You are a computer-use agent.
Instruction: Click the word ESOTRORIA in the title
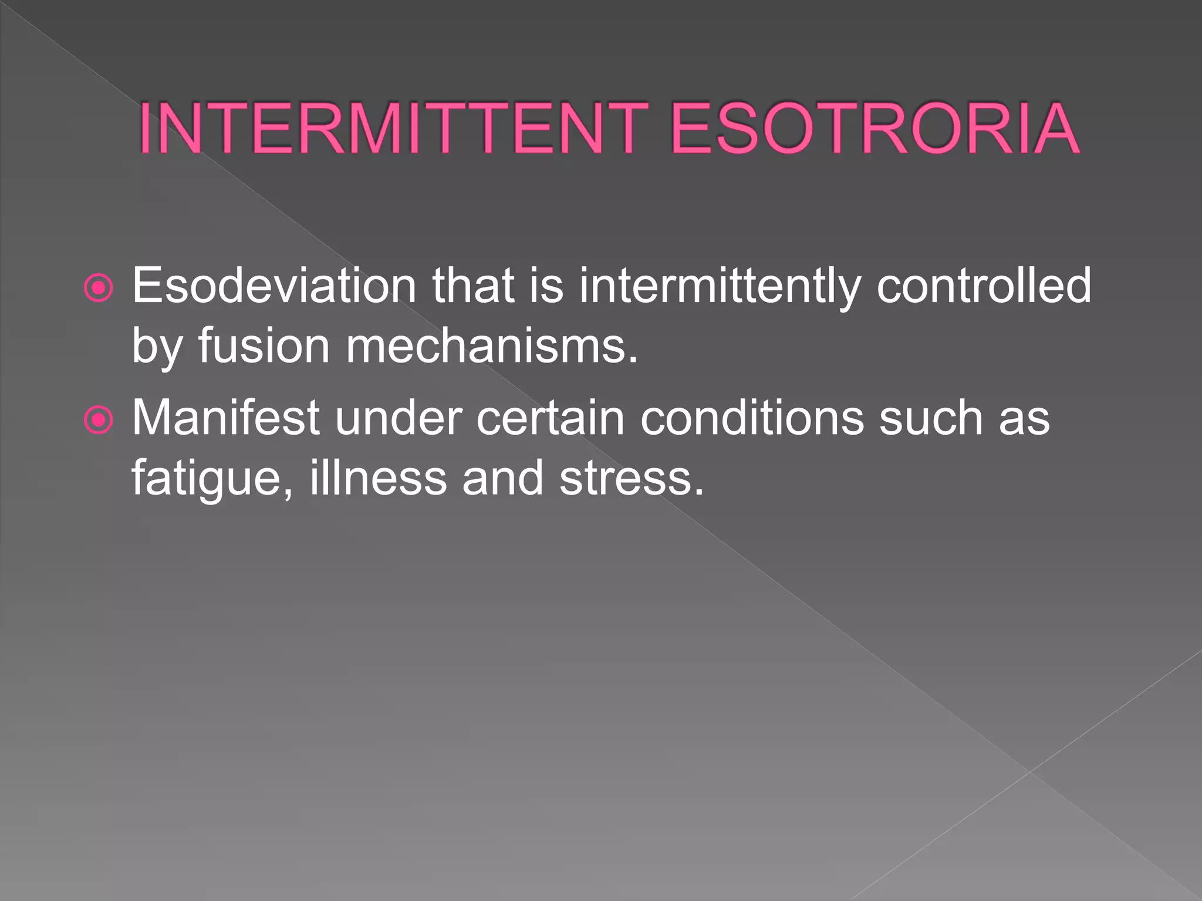pyautogui.click(x=874, y=129)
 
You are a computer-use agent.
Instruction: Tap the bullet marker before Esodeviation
pyautogui.click(x=98, y=287)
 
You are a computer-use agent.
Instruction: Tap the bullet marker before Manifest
pyautogui.click(x=98, y=420)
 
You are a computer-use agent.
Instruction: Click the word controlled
pyautogui.click(x=984, y=286)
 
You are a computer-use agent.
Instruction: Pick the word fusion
pyautogui.click(x=264, y=346)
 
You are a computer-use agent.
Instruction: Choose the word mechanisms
pyautogui.click(x=491, y=346)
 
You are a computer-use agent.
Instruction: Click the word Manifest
pyautogui.click(x=225, y=418)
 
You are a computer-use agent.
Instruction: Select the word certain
pyautogui.click(x=550, y=418)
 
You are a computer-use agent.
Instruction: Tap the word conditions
pyautogui.click(x=752, y=418)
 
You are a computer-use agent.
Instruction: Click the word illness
pyautogui.click(x=378, y=477)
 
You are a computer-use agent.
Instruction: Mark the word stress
pyautogui.click(x=630, y=479)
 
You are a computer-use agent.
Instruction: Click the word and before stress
pyautogui.click(x=503, y=477)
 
